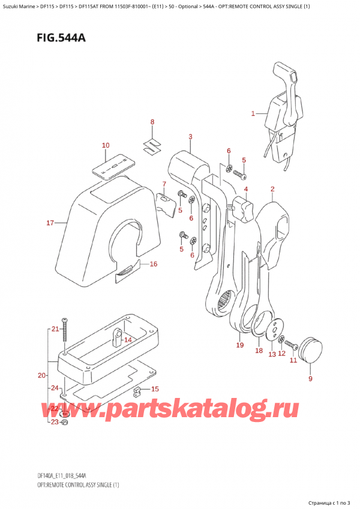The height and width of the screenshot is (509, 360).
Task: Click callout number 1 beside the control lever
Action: [x=253, y=113]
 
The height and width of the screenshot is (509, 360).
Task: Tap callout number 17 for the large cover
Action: [x=50, y=223]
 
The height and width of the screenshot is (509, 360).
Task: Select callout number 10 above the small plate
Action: [x=106, y=145]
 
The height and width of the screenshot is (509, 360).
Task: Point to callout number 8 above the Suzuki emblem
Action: [x=152, y=122]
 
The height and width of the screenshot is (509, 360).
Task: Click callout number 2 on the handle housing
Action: [x=272, y=190]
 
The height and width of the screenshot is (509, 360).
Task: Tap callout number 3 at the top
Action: [x=190, y=137]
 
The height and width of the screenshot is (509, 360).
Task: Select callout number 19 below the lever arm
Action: [x=239, y=345]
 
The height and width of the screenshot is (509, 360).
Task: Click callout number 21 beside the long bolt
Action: [x=54, y=329]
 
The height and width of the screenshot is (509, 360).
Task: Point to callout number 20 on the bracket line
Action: [x=40, y=376]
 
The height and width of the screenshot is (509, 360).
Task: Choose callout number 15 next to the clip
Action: [x=154, y=389]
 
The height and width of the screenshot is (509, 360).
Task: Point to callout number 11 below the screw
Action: [x=293, y=360]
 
